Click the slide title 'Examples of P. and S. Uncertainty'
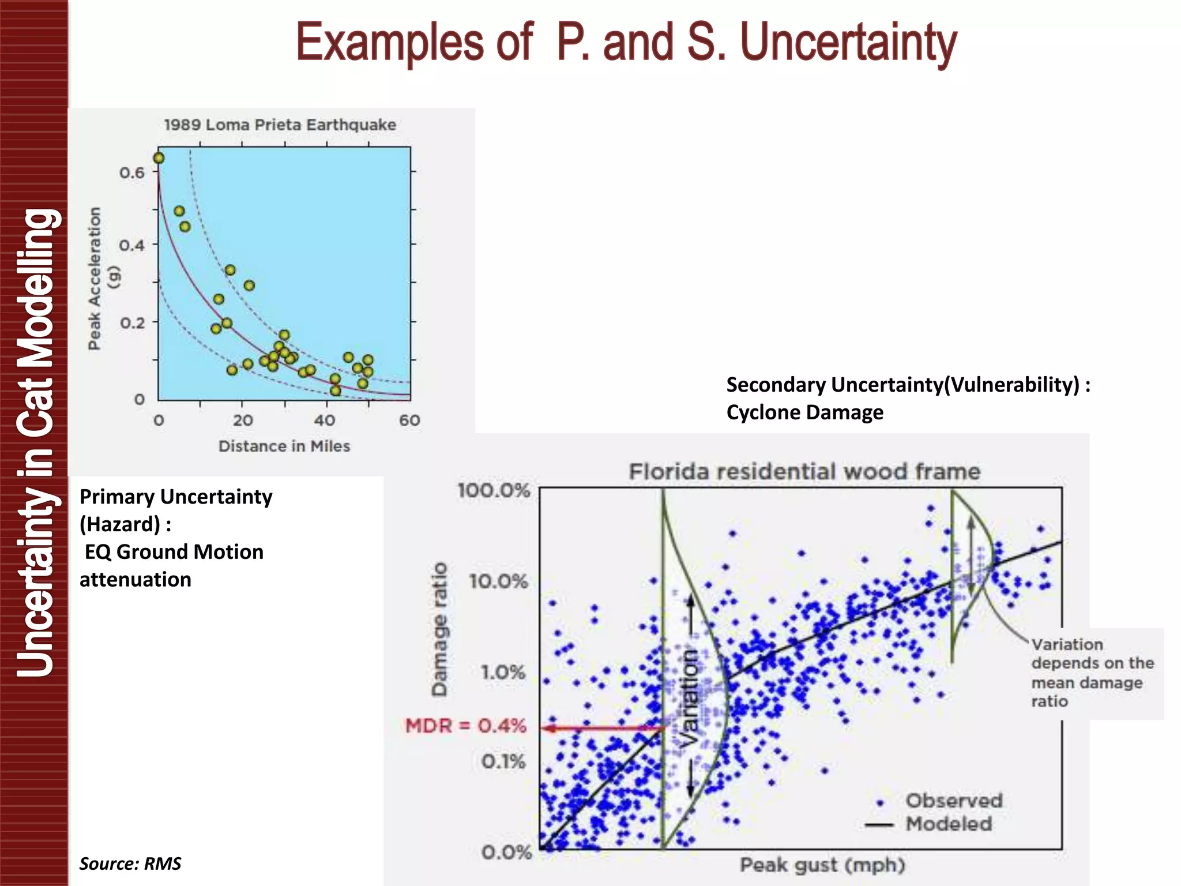tap(626, 42)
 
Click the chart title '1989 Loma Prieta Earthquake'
tap(280, 125)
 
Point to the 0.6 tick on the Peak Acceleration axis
tap(132, 172)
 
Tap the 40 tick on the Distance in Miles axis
tap(325, 421)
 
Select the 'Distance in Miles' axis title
tap(284, 446)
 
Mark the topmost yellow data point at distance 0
tap(159, 158)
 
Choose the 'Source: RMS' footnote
tap(130, 864)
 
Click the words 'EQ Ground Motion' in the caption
tap(174, 552)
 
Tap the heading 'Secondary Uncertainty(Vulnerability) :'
tap(908, 385)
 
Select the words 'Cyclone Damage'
tap(804, 412)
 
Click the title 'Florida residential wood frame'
tap(804, 472)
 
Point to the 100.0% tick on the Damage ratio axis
tap(494, 491)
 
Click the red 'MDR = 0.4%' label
tap(465, 725)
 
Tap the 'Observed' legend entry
tap(953, 801)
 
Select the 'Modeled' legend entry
tap(949, 824)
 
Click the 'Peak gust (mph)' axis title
tap(822, 865)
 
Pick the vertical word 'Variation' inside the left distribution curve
tap(689, 698)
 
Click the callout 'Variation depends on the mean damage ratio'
tap(1091, 673)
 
